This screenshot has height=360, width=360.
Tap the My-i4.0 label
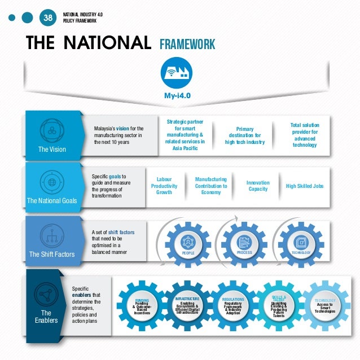177,95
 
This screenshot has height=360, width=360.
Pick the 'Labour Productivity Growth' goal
164,186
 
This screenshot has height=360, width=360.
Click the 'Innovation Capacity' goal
258,186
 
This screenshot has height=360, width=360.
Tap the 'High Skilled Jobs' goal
305,186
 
